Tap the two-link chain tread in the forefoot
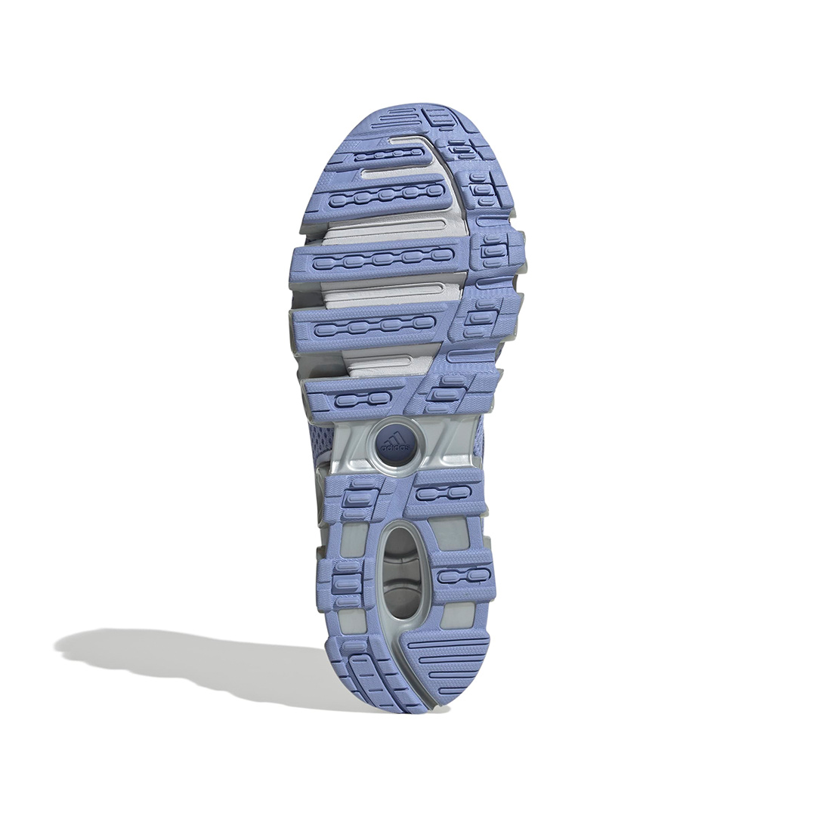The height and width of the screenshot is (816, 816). click(359, 400)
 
